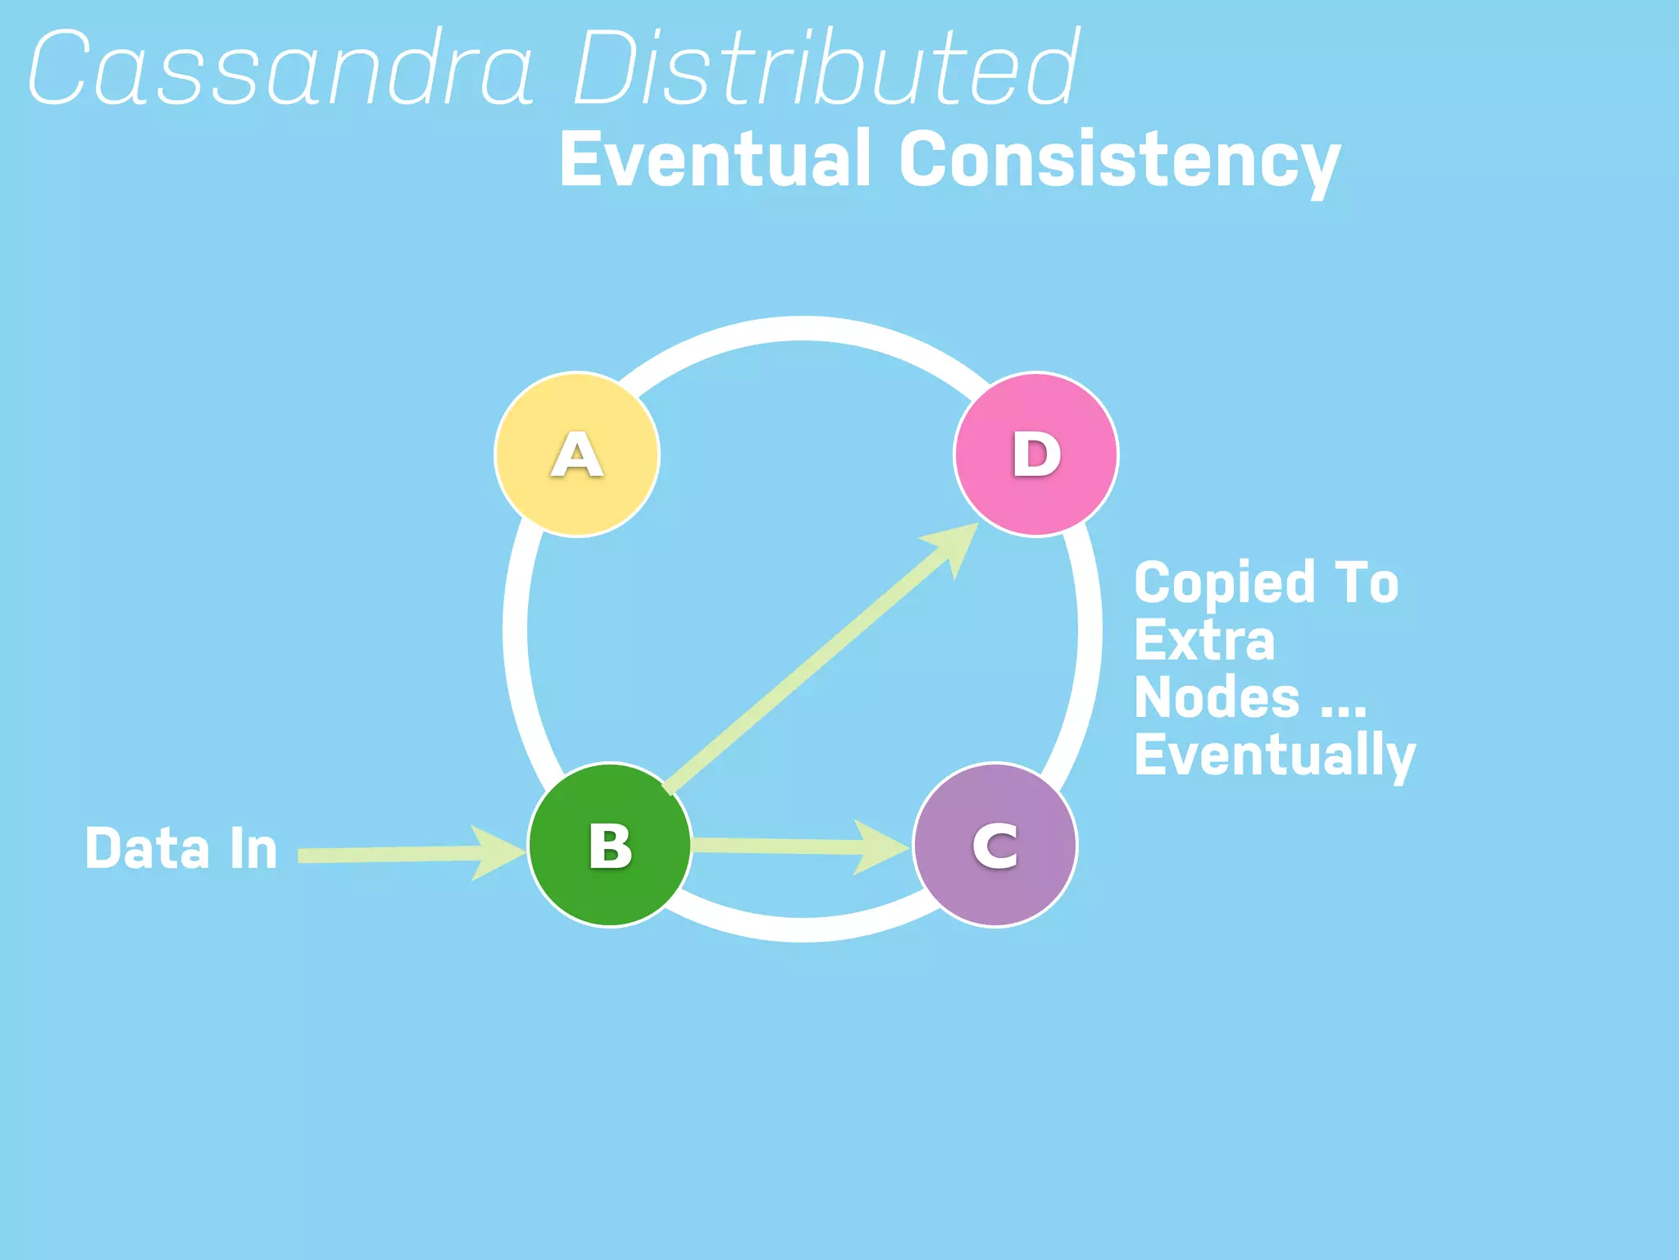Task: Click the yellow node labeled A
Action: (577, 454)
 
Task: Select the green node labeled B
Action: (610, 845)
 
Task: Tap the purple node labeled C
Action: (995, 845)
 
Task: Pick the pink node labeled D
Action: (1036, 454)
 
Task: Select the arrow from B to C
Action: (787, 846)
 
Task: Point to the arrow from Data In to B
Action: (394, 854)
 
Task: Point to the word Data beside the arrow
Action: (147, 848)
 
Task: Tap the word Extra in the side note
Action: (1204, 641)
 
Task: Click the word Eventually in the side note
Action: (1275, 756)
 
